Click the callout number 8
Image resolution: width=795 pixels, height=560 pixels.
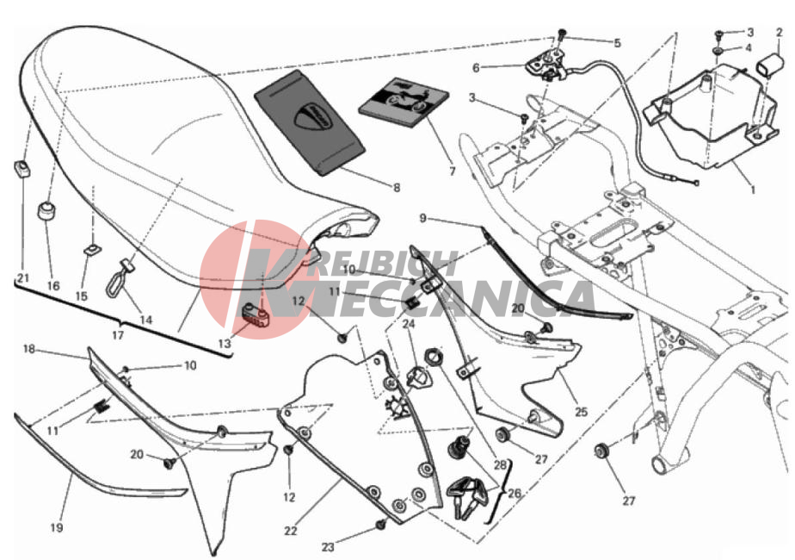pyautogui.click(x=397, y=188)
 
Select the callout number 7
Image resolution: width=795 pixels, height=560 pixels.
pyautogui.click(x=453, y=171)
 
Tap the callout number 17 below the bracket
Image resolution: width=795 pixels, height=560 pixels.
pyautogui.click(x=118, y=336)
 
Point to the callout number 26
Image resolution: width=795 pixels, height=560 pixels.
pyautogui.click(x=515, y=493)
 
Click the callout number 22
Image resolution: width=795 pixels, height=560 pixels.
pyautogui.click(x=290, y=531)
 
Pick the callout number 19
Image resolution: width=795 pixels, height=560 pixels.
pyautogui.click(x=57, y=528)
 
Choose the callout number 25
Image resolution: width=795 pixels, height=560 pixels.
pyautogui.click(x=581, y=411)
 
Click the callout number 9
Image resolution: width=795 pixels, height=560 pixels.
pyautogui.click(x=422, y=219)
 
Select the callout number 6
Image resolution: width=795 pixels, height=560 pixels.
pyautogui.click(x=476, y=67)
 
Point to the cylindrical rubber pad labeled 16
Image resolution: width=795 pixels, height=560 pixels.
pyautogui.click(x=46, y=211)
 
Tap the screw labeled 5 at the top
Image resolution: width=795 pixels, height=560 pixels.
pyautogui.click(x=561, y=35)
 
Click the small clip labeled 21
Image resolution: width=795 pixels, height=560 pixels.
pyautogui.click(x=22, y=168)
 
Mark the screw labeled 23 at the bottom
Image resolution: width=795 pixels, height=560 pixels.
pyautogui.click(x=380, y=525)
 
